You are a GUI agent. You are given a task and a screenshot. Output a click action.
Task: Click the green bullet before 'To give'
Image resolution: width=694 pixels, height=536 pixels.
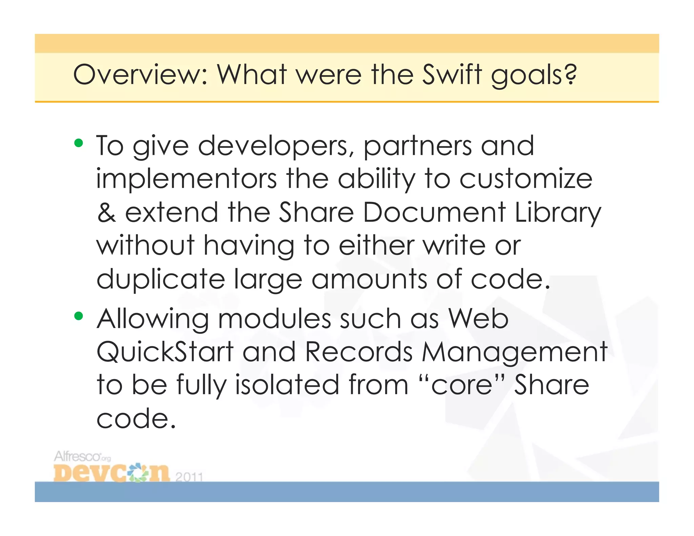click(79, 143)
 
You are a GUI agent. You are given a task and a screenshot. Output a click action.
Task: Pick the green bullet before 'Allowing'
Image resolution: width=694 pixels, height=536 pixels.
click(79, 316)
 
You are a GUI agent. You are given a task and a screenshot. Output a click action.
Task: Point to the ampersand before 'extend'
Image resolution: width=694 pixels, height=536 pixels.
click(106, 212)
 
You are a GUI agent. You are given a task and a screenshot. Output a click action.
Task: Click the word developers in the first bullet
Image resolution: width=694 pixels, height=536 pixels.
click(276, 146)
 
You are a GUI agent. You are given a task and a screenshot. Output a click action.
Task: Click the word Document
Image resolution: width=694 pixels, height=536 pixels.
click(434, 212)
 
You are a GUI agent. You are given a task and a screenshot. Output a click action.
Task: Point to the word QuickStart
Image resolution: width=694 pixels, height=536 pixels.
click(165, 352)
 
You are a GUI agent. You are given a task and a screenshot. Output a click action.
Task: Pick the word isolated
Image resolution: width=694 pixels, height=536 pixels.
click(287, 385)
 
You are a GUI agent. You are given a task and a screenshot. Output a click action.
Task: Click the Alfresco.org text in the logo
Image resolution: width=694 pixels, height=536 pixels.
click(82, 457)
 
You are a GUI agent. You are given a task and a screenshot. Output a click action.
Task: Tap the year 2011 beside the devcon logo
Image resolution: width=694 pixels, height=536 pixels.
click(189, 477)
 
